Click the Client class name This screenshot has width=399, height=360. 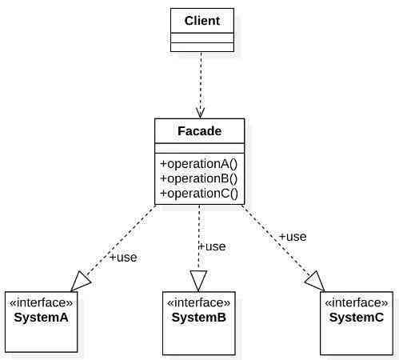(x=202, y=21)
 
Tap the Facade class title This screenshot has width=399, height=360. (x=199, y=131)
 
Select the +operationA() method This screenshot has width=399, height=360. (x=198, y=164)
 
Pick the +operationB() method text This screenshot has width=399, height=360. (x=198, y=178)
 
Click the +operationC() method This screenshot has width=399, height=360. (x=199, y=193)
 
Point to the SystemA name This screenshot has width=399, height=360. (x=41, y=318)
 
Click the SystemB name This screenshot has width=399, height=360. (x=199, y=318)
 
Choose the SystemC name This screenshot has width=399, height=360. (x=357, y=318)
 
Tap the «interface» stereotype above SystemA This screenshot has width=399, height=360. (x=41, y=302)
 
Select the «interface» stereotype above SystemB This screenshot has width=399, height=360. (x=199, y=302)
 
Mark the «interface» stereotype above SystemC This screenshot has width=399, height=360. (x=357, y=302)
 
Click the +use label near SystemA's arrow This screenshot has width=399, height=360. (x=123, y=258)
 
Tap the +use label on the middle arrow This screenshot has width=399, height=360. (x=213, y=246)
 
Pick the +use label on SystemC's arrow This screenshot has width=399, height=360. (x=293, y=237)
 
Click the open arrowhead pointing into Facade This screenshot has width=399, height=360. (x=200, y=113)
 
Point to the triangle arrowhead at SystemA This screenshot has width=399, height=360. (x=81, y=282)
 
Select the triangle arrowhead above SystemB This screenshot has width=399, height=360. (x=198, y=281)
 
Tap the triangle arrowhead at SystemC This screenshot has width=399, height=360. (x=315, y=282)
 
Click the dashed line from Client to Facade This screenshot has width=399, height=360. (x=201, y=85)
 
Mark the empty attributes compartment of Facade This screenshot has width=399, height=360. (x=200, y=148)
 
